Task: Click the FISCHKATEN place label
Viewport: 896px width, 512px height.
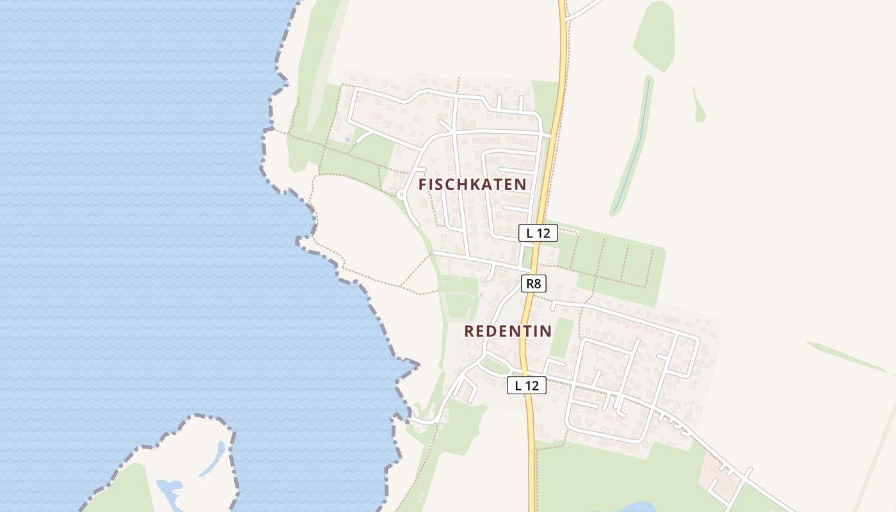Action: pyautogui.click(x=472, y=184)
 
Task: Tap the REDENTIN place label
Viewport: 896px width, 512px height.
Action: pyautogui.click(x=508, y=331)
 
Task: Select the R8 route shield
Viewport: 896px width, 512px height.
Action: pyautogui.click(x=533, y=284)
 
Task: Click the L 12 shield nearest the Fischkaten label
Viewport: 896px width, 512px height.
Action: pyautogui.click(x=538, y=233)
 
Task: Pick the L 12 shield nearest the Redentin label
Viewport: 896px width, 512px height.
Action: pyautogui.click(x=527, y=385)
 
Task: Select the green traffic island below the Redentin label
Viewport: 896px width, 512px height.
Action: pyautogui.click(x=494, y=365)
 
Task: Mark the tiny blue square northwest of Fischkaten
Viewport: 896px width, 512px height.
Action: pyautogui.click(x=348, y=138)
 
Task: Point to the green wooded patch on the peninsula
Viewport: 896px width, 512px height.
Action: pyautogui.click(x=128, y=490)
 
